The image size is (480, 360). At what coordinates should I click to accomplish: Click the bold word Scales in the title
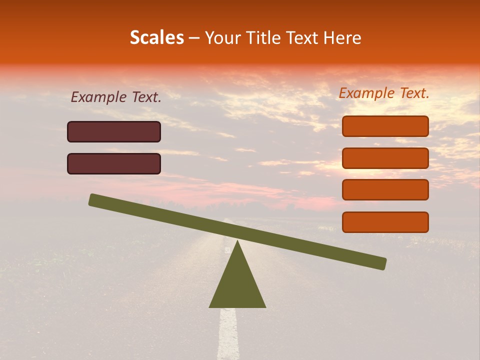click(x=156, y=38)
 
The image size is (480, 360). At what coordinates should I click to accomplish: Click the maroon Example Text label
click(x=116, y=97)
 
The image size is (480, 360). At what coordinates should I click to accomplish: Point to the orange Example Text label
click(x=384, y=93)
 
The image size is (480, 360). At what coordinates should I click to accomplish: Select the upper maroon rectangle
click(x=114, y=131)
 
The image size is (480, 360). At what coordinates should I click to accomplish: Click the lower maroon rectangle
click(x=114, y=163)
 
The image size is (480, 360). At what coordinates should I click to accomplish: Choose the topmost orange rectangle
click(x=385, y=126)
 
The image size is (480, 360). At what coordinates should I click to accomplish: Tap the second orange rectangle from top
click(x=385, y=158)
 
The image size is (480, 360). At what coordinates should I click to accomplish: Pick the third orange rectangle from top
click(x=385, y=190)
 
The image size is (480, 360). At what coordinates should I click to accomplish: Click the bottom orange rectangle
click(x=385, y=222)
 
